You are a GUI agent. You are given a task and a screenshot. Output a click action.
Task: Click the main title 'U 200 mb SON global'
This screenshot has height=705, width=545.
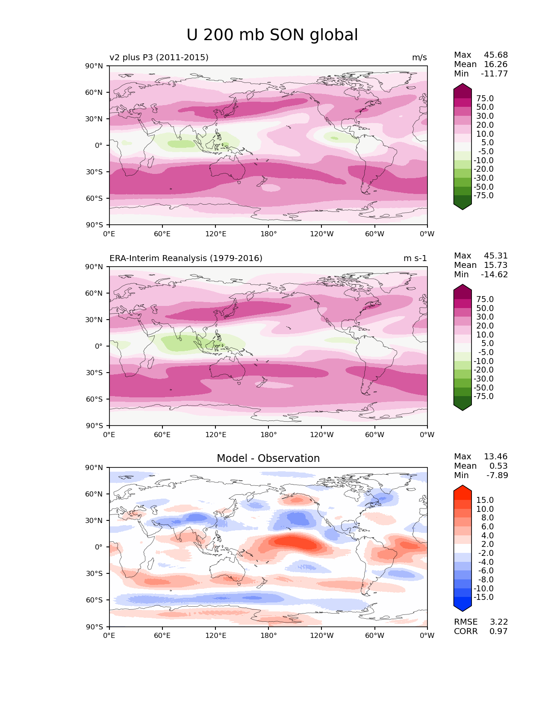(272, 35)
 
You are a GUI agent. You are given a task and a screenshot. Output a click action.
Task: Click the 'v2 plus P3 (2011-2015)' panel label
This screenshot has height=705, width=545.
(159, 58)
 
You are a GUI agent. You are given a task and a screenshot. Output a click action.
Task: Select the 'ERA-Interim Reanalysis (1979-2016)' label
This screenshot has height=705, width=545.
(186, 258)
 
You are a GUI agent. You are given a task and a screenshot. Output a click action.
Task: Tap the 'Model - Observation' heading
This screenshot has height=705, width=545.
(268, 458)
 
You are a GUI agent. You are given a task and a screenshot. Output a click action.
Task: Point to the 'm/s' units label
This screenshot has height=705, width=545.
(419, 58)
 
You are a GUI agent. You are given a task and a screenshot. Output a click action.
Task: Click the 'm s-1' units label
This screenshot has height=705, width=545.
(415, 258)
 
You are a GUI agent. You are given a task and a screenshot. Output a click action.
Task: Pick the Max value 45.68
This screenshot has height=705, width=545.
(495, 55)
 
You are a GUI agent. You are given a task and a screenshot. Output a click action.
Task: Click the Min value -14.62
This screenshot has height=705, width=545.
(494, 275)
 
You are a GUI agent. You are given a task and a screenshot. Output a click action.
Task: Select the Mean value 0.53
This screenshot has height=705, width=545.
(500, 466)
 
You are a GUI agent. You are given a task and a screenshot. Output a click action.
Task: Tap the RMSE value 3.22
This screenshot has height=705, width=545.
(498, 622)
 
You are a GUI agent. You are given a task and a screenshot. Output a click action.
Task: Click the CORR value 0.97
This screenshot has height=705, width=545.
(498, 632)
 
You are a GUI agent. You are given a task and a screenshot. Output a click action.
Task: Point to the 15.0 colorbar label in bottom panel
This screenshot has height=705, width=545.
(485, 500)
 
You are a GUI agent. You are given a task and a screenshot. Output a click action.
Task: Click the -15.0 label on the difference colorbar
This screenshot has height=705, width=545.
(483, 597)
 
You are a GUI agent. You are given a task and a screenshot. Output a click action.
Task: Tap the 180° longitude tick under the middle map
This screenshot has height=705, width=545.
(268, 435)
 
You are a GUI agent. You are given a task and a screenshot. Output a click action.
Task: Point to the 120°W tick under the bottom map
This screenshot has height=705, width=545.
(321, 636)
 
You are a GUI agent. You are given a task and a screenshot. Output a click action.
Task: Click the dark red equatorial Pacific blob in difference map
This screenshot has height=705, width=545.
(295, 543)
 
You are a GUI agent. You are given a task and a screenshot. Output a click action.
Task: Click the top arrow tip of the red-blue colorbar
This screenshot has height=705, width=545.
(463, 487)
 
